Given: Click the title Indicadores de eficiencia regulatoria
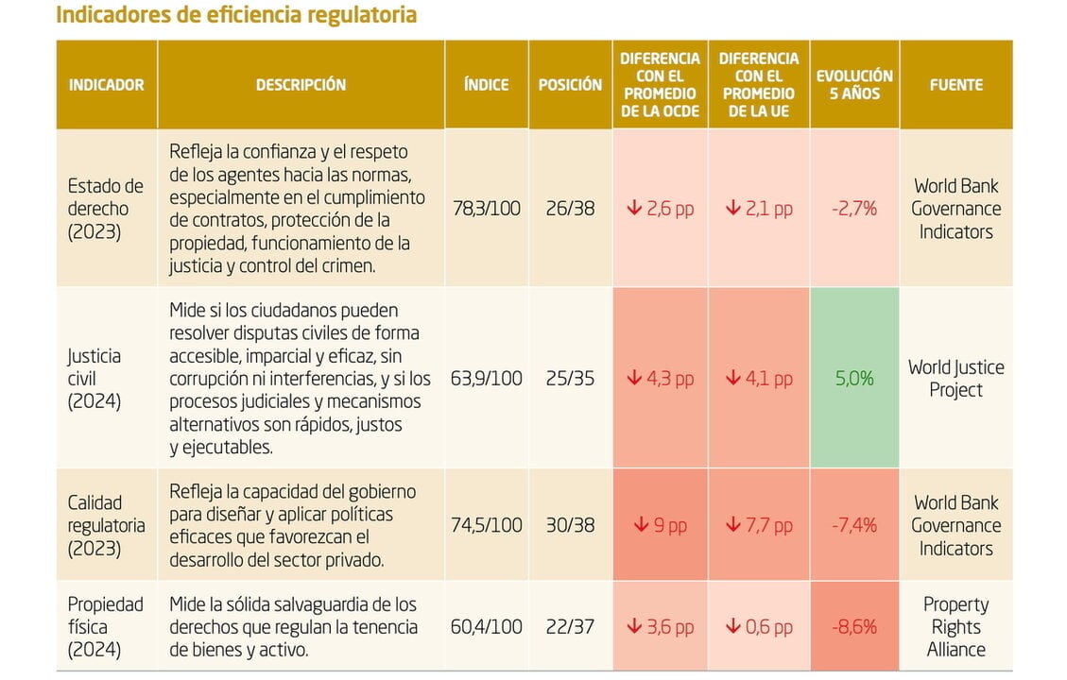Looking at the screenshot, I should [x=236, y=16].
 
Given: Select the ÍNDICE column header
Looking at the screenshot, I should [x=486, y=85].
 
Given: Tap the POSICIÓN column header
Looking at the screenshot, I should [x=570, y=85].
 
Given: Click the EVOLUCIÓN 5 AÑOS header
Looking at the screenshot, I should [x=854, y=85].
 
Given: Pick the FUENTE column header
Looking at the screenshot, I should [x=955, y=85].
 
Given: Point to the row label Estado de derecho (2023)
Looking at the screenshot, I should [x=105, y=209].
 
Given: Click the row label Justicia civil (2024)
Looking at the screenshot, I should [x=95, y=379].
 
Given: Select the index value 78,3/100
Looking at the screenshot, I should [x=486, y=209].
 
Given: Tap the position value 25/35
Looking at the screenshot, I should [x=570, y=379].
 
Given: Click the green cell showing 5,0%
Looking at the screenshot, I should [x=854, y=379].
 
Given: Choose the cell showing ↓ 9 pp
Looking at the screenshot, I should [x=660, y=525].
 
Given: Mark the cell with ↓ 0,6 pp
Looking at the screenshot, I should [x=758, y=627].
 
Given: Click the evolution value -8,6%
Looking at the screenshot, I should [x=854, y=627].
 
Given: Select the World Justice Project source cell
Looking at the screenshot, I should [x=955, y=379].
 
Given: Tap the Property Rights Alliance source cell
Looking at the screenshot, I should [x=955, y=627].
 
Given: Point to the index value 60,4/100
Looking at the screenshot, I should [x=486, y=627].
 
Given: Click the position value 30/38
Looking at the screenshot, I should [x=570, y=525].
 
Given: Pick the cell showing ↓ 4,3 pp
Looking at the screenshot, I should [x=660, y=379].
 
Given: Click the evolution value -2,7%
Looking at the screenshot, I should [x=854, y=209].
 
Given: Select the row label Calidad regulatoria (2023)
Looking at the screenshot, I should [x=106, y=525].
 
